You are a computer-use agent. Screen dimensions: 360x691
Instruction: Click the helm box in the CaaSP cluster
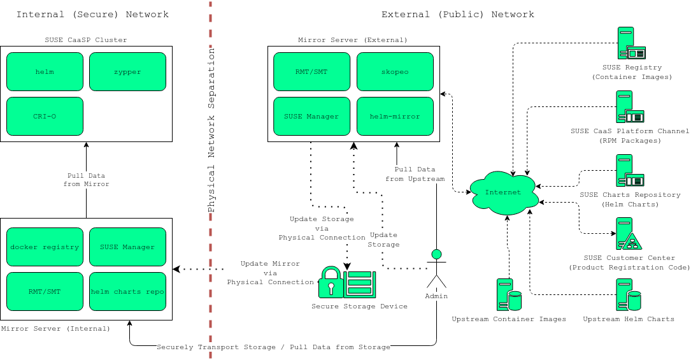(x=45, y=71)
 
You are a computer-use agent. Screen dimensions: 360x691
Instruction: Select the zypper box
(x=127, y=71)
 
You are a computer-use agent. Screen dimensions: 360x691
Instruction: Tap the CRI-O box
(x=45, y=116)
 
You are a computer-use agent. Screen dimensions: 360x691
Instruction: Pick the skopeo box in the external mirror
(x=395, y=71)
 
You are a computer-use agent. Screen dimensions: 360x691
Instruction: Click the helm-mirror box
(x=395, y=116)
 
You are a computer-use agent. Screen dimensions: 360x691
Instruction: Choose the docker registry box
(x=45, y=247)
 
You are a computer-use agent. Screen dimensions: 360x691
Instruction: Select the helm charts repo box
(x=127, y=291)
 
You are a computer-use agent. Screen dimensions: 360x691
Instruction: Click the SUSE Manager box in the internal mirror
(x=127, y=247)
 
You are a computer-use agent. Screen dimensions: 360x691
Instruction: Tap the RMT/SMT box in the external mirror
(x=312, y=71)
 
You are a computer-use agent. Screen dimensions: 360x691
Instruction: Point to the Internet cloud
(x=503, y=192)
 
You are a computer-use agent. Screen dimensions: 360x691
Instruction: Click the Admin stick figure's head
(x=436, y=254)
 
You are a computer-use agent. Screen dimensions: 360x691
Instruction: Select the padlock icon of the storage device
(x=330, y=282)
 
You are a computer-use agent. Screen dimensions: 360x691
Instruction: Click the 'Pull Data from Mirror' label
(x=86, y=180)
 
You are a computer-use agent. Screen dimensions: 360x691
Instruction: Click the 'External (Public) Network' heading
(x=457, y=14)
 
